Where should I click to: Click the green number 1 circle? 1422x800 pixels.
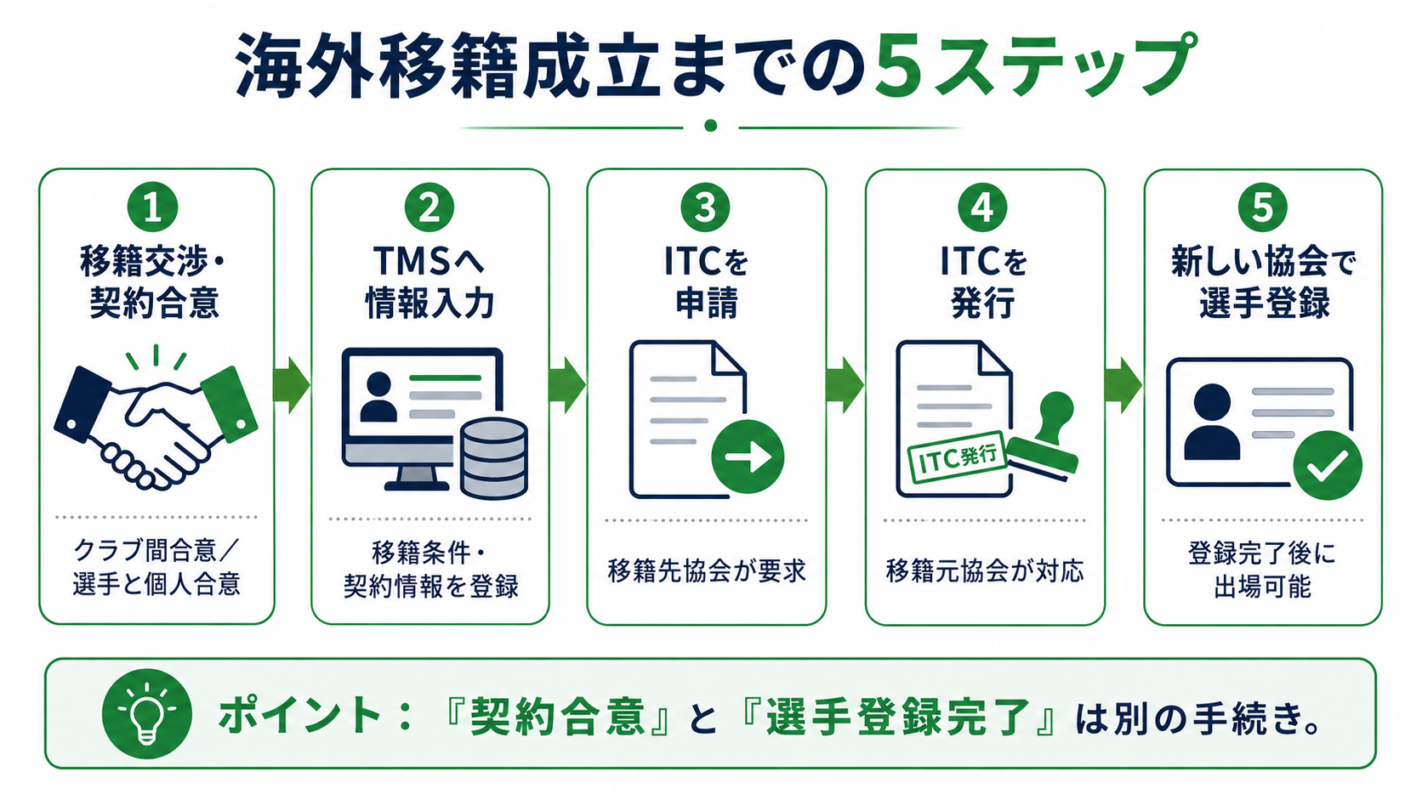pyautogui.click(x=152, y=207)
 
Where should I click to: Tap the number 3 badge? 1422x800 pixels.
pyautogui.click(x=705, y=207)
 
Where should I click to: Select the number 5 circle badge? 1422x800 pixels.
pyautogui.click(x=1262, y=207)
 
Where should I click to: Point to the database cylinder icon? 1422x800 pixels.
pyautogui.click(x=493, y=458)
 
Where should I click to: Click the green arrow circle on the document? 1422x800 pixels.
pyautogui.click(x=748, y=457)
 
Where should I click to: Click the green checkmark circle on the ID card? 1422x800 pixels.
pyautogui.click(x=1328, y=465)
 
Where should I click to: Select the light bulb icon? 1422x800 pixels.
pyautogui.click(x=147, y=714)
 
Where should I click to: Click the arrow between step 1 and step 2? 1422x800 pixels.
pyautogui.click(x=292, y=385)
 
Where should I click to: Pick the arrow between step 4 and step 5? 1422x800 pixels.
pyautogui.click(x=1123, y=385)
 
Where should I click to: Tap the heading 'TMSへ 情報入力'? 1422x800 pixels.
pyautogui.click(x=429, y=281)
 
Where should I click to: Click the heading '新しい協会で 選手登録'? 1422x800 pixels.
pyautogui.click(x=1263, y=281)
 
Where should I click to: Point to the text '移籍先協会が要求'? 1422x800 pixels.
pyautogui.click(x=707, y=571)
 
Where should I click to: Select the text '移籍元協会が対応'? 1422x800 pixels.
pyautogui.click(x=985, y=571)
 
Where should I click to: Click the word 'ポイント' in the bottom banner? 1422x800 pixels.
pyautogui.click(x=299, y=714)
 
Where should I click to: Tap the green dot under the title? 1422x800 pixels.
pyautogui.click(x=711, y=126)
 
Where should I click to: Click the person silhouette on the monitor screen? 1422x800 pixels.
pyautogui.click(x=378, y=397)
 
